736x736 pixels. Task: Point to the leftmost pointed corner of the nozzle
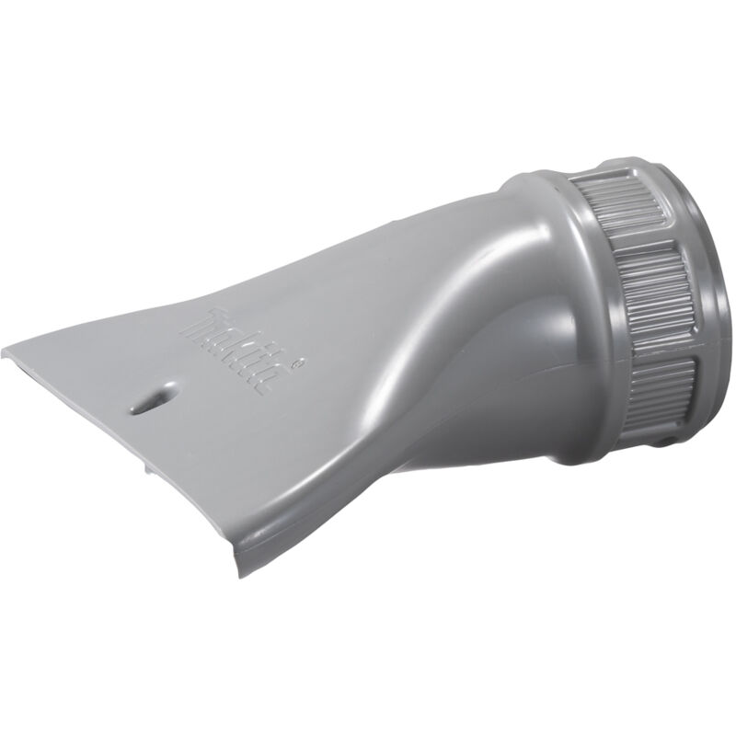coord(7,349)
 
